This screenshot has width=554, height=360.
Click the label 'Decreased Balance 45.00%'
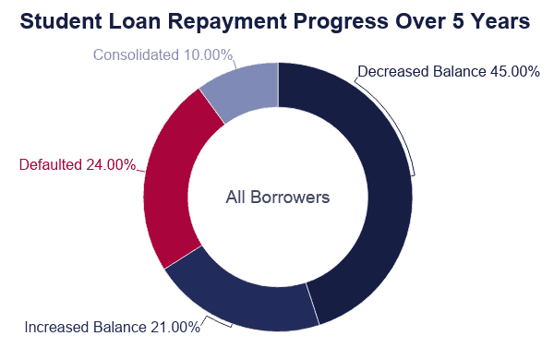pos(448,71)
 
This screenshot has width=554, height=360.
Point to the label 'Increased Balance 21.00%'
pos(112,327)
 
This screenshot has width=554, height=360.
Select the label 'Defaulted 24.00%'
pos(78,165)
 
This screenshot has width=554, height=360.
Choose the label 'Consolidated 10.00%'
pos(163,55)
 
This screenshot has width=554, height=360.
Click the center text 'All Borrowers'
pos(277,198)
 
